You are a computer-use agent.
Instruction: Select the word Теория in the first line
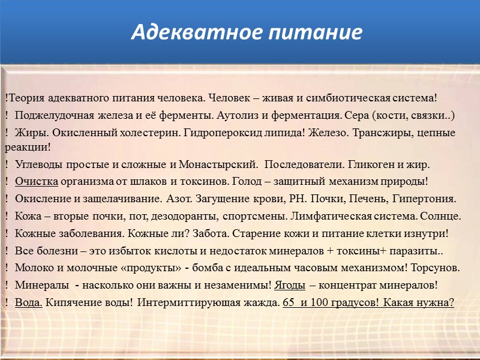click(25, 97)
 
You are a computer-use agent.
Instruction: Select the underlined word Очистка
click(37, 181)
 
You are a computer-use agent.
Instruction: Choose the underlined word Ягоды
click(290, 285)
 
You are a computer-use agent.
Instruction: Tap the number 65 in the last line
click(288, 302)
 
